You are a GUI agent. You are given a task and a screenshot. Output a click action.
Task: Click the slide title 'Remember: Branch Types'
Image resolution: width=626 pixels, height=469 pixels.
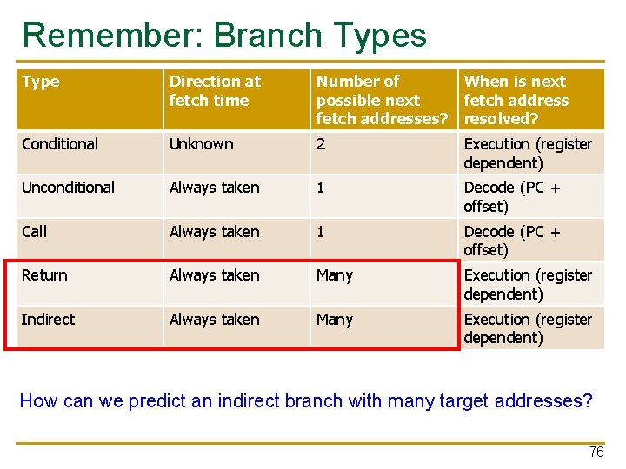(224, 36)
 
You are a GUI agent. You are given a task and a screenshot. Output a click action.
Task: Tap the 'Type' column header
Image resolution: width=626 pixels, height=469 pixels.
(41, 83)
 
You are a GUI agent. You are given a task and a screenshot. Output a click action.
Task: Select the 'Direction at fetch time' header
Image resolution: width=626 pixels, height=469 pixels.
(214, 91)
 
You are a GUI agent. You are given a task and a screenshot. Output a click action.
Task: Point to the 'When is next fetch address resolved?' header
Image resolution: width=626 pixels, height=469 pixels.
(516, 100)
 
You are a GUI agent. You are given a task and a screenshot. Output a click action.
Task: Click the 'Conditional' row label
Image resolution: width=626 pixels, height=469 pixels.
(60, 144)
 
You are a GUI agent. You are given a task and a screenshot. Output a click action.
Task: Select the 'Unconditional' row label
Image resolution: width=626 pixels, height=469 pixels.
(68, 188)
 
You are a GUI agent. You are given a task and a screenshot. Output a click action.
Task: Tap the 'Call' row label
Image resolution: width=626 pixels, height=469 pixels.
(35, 232)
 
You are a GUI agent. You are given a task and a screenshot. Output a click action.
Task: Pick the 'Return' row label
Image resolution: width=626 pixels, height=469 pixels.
(44, 275)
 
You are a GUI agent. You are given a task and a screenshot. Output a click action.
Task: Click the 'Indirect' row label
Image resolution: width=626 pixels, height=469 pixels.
(48, 320)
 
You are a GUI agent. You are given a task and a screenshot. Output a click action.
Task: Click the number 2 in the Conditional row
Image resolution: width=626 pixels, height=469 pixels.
(321, 144)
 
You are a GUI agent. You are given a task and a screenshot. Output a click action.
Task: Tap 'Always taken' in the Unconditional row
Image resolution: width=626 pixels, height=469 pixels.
(214, 188)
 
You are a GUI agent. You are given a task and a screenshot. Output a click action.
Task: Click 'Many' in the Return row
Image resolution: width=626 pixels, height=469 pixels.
(335, 275)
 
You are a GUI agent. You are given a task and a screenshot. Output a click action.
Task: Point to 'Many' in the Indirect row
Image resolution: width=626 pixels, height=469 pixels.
(335, 320)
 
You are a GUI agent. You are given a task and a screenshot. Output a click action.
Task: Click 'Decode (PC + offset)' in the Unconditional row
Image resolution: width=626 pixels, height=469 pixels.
(512, 196)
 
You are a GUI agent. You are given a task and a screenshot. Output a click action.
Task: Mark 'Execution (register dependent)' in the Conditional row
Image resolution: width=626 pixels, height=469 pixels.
(528, 153)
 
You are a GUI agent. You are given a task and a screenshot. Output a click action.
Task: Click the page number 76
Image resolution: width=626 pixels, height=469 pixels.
(596, 452)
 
